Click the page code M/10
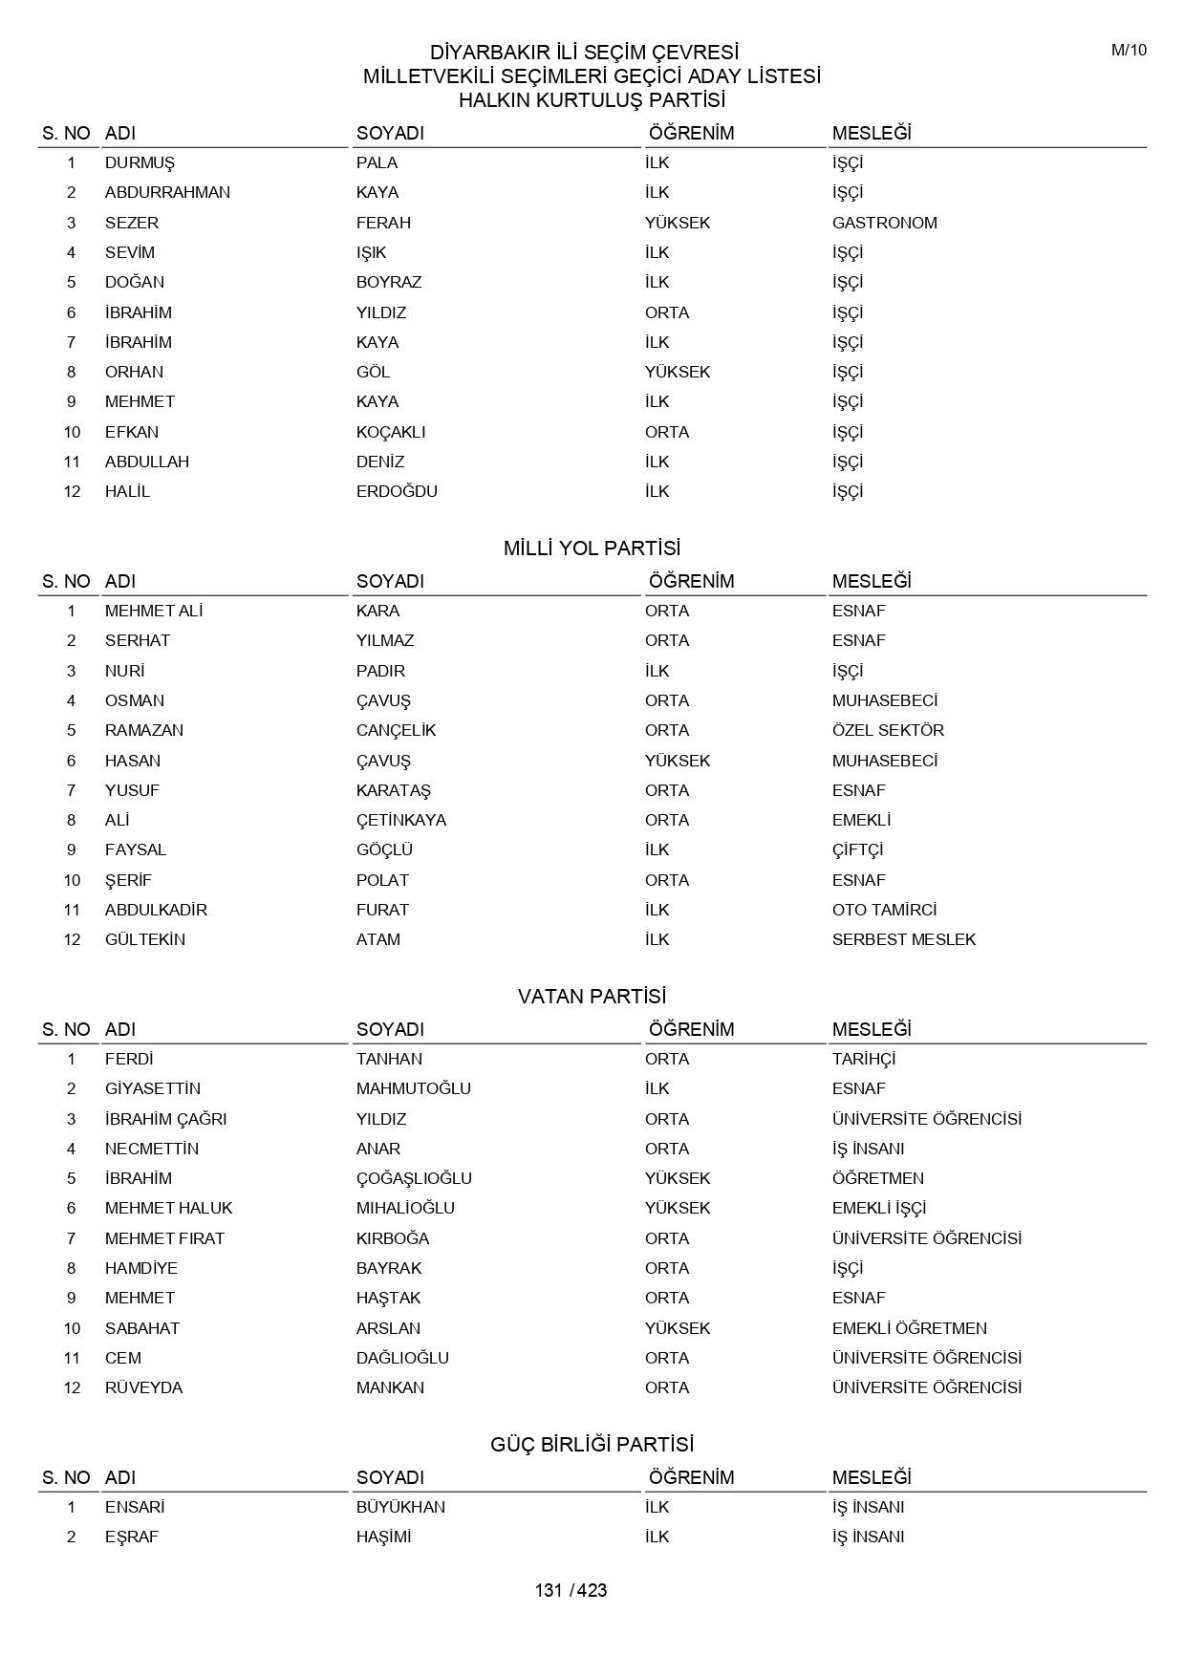tap(1129, 51)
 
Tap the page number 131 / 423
tap(571, 1590)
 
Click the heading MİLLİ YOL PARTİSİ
tap(592, 548)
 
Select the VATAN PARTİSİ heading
tap(592, 997)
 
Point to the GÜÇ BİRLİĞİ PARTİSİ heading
tap(592, 1445)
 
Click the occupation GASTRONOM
tap(884, 223)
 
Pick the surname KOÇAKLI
tap(391, 432)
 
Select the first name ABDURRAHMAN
tap(167, 192)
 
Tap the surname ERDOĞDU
tap(397, 491)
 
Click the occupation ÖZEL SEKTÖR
tap(888, 730)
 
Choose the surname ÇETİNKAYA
tap(401, 820)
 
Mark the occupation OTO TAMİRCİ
tap(884, 910)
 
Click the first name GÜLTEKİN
tap(145, 939)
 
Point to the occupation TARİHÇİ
tap(864, 1059)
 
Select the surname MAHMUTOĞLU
tap(414, 1088)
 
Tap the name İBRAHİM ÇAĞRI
tap(165, 1119)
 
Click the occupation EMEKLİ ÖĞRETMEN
tap(909, 1328)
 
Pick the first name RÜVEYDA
tap(143, 1387)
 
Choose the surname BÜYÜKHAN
tap(400, 1507)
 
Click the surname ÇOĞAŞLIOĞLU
tap(414, 1178)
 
